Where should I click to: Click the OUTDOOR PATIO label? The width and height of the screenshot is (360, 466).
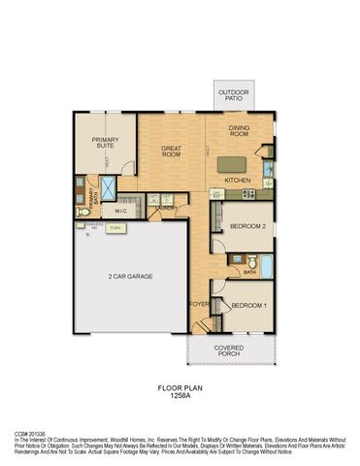[x=232, y=97]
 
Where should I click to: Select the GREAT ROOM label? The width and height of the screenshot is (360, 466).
[x=172, y=150]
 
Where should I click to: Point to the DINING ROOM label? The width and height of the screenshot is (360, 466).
[x=240, y=131]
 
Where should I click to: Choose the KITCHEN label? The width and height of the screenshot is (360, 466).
[x=239, y=180]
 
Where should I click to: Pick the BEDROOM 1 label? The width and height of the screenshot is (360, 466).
[x=249, y=306]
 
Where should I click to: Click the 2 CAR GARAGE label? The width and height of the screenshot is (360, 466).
[x=131, y=277]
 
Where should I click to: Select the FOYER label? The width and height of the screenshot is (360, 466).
[x=199, y=304]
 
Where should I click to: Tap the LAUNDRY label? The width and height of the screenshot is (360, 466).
[x=164, y=207]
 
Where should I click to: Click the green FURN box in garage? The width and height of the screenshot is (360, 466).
[x=115, y=228]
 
